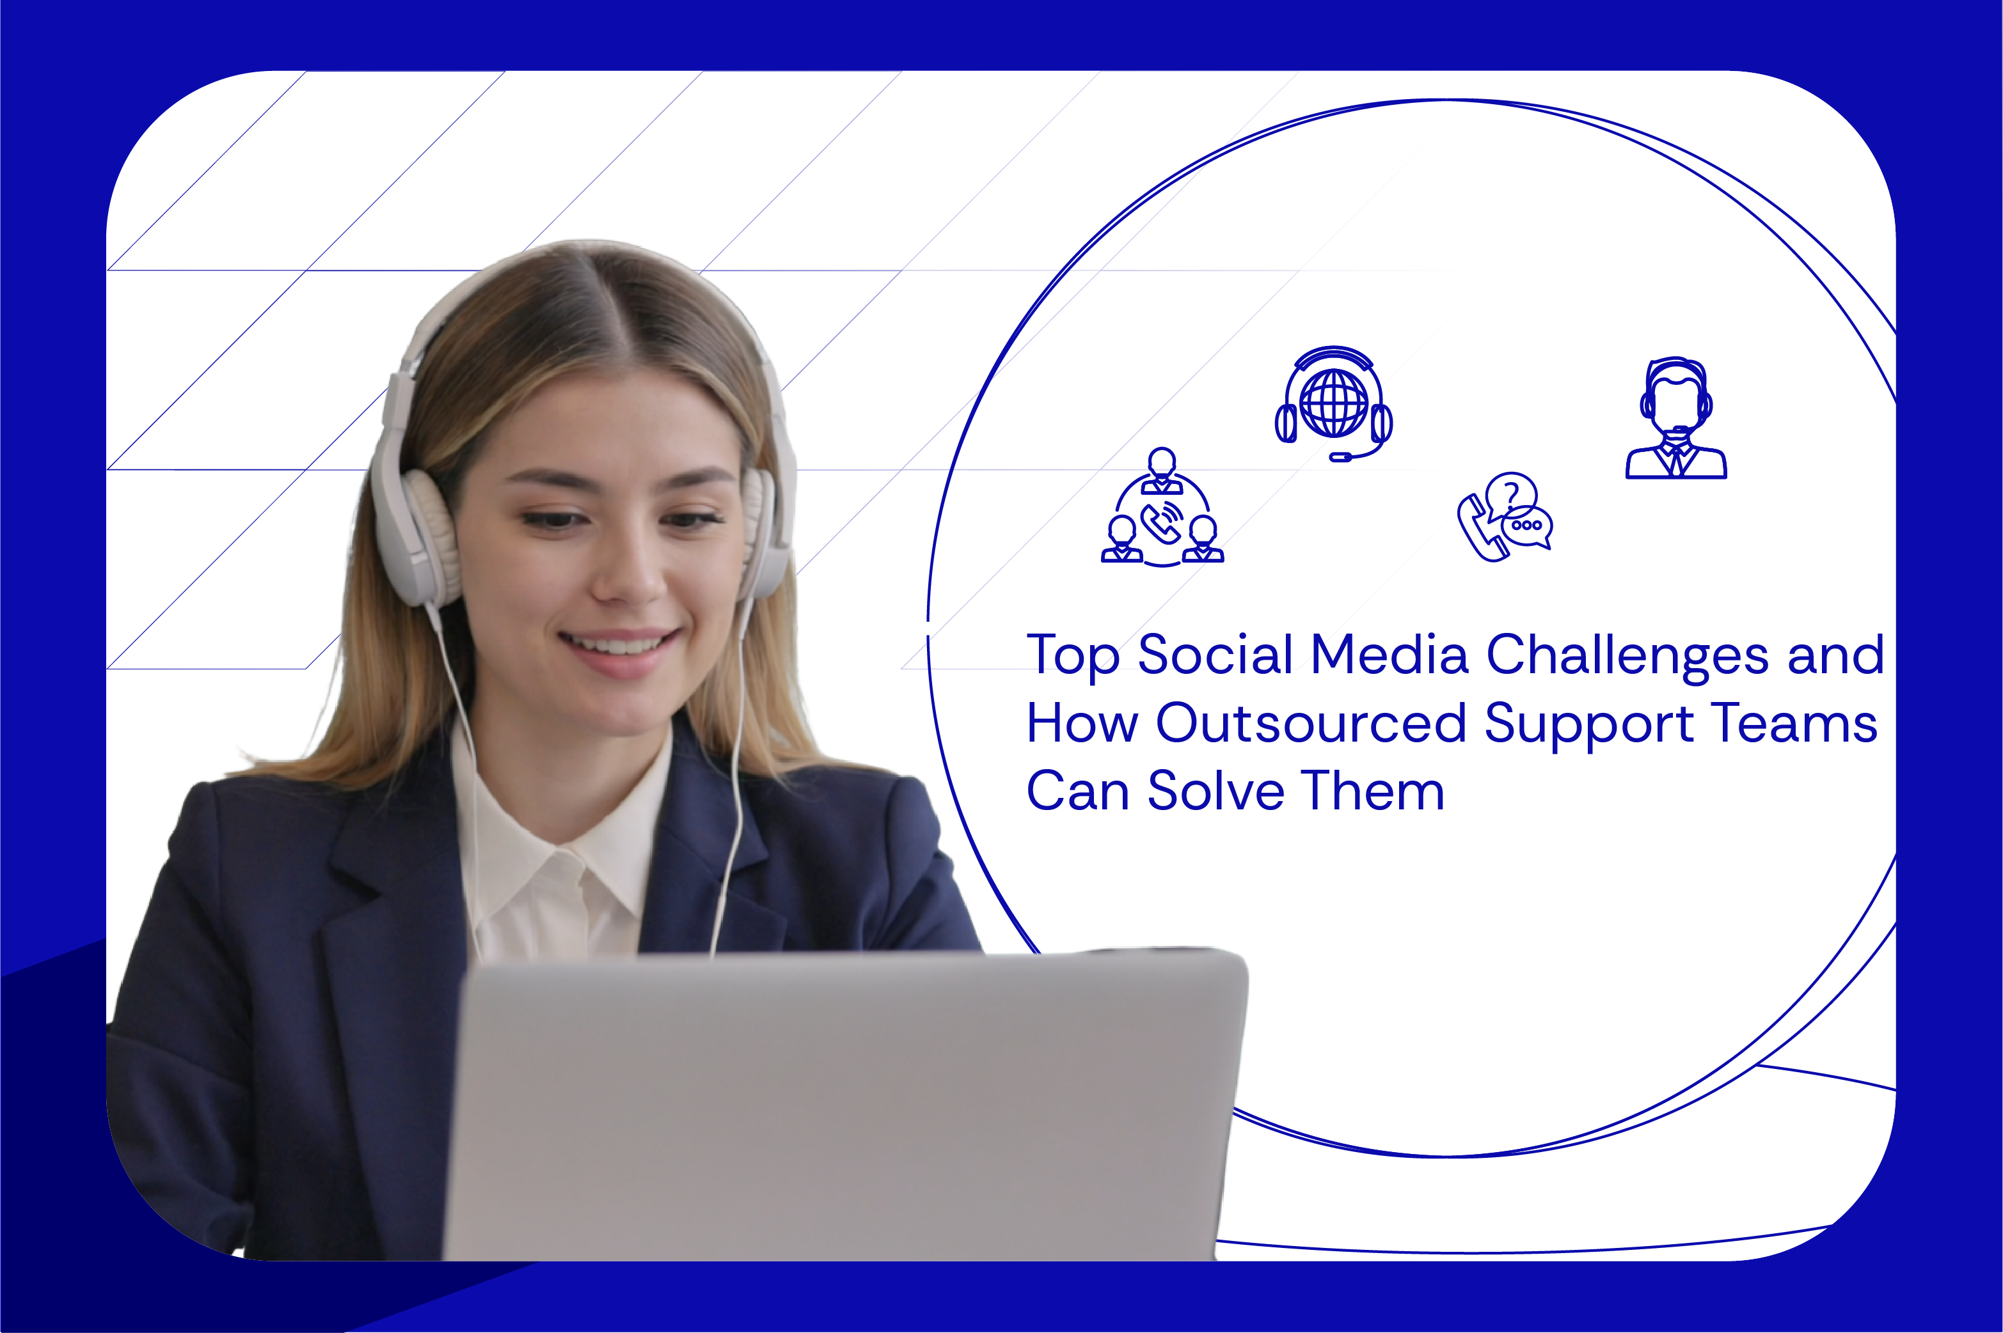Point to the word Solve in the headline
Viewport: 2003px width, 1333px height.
pyautogui.click(x=1215, y=791)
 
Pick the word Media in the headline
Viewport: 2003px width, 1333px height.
pyautogui.click(x=1389, y=655)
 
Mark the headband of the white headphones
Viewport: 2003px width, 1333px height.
pyautogui.click(x=587, y=255)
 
